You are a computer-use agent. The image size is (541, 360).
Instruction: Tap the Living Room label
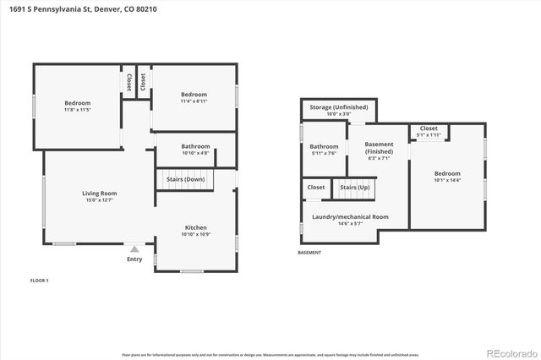coord(99,193)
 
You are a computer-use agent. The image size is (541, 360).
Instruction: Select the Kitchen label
coord(196,227)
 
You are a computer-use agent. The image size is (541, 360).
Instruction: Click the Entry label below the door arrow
coord(134,259)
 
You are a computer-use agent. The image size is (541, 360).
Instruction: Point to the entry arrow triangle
coord(134,248)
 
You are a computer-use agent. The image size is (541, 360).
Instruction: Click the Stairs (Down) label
coord(183,179)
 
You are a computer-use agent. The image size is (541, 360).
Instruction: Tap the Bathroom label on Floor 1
coord(195,146)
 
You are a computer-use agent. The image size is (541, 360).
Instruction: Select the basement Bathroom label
coord(324,146)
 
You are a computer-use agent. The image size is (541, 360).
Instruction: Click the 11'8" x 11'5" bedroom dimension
coord(77,110)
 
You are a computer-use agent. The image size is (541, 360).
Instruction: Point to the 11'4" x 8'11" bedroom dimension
coord(194,101)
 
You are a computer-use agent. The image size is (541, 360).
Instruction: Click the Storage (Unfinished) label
coord(339,107)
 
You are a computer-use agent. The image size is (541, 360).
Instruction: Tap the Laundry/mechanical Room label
coord(344,216)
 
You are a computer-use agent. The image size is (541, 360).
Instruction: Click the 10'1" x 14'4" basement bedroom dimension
coord(447,180)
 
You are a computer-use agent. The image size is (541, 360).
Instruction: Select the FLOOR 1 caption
coord(40,280)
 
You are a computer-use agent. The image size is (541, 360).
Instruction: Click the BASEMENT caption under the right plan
coord(310,253)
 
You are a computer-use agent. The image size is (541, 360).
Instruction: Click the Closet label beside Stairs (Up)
coord(316,187)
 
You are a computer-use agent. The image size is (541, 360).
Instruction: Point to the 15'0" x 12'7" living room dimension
coord(99,200)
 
